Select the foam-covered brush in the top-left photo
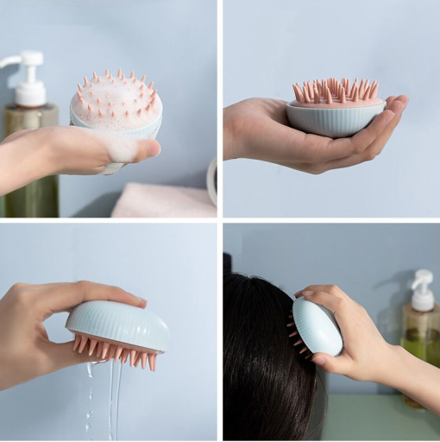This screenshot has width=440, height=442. (x=116, y=108)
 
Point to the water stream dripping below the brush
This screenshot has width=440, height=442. (x=113, y=397)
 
